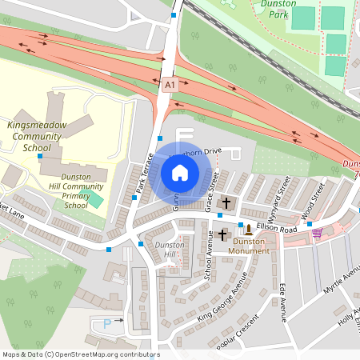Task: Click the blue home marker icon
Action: (x=180, y=172)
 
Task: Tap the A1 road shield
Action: (x=169, y=83)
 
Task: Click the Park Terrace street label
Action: (x=142, y=173)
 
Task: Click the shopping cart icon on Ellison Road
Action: (x=318, y=234)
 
